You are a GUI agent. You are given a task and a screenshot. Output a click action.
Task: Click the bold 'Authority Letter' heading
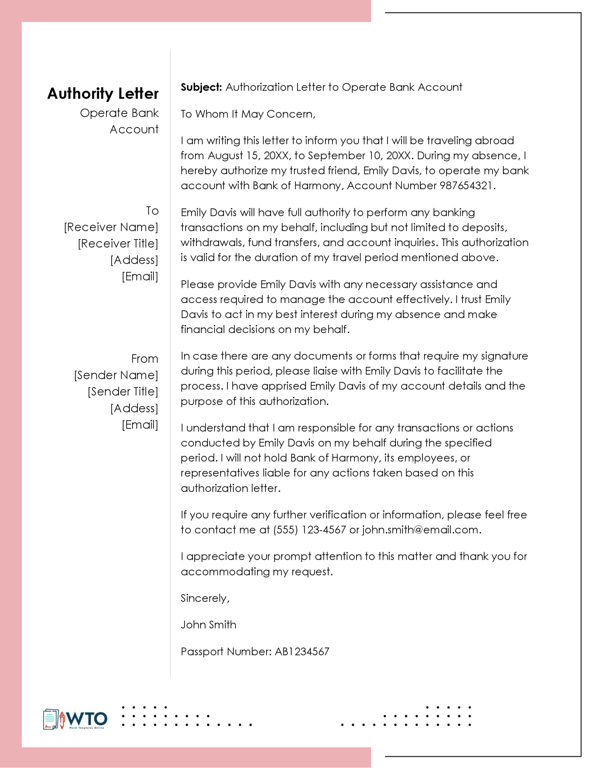coord(103,94)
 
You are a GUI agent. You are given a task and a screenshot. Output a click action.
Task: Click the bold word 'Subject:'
coord(201,87)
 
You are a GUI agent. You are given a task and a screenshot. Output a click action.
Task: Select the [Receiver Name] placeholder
coord(111,227)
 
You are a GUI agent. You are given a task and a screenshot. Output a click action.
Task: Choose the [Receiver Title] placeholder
coord(118,244)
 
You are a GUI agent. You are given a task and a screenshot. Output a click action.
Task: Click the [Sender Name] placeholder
coord(116,375)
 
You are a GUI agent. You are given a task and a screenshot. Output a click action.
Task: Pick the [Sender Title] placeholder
coord(123,392)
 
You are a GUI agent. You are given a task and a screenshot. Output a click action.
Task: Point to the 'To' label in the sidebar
coord(153,211)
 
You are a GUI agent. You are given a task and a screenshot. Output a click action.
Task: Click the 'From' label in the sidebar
coord(145,359)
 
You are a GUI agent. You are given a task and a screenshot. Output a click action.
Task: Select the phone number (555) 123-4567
coord(309,530)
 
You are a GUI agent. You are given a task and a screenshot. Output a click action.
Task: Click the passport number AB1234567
coord(302,652)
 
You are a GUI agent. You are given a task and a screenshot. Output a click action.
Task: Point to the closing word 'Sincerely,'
coord(205,598)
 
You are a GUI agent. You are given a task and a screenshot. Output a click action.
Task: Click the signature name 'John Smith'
coord(209,625)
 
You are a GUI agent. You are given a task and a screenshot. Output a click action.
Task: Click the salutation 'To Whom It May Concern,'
coord(248,114)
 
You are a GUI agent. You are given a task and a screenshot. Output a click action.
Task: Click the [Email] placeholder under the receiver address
coord(140,276)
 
